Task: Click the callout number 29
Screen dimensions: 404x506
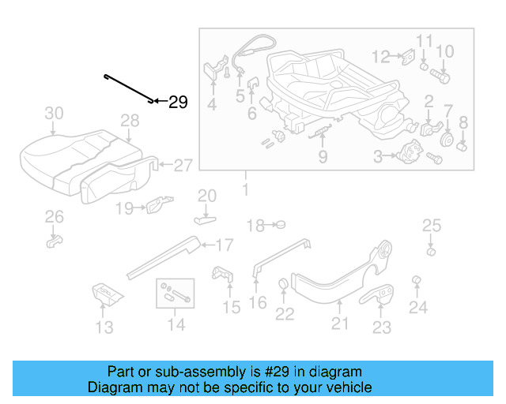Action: [x=178, y=102]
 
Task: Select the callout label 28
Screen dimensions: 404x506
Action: [x=130, y=120]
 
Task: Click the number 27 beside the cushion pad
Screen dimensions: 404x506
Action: [x=183, y=165]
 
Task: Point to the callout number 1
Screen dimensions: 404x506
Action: [x=245, y=189]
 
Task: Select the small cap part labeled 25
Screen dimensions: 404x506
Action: [x=432, y=252]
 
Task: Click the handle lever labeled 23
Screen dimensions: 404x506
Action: [x=381, y=294]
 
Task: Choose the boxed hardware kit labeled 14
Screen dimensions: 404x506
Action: [x=175, y=293]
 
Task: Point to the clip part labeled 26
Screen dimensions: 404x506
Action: [x=53, y=240]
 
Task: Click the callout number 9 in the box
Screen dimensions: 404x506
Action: [x=323, y=157]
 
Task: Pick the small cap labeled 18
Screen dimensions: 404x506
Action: [x=278, y=225]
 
